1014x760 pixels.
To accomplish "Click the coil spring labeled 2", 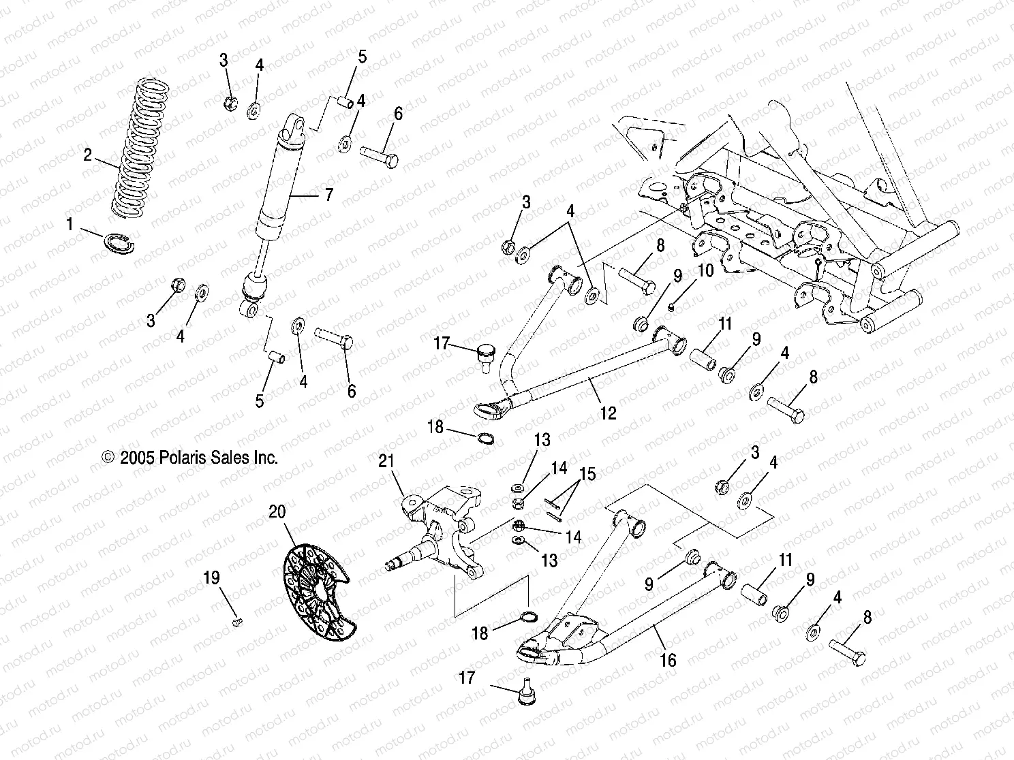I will pos(140,150).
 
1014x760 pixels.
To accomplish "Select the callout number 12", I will pos(608,412).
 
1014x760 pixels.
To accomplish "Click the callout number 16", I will pos(668,659).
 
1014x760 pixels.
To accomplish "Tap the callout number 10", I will pos(705,270).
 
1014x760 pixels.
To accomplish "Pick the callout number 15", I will pos(587,473).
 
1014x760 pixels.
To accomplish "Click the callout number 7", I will pos(328,195).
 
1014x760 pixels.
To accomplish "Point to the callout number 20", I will pos(277,511).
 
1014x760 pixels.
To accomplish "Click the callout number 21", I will pos(386,462).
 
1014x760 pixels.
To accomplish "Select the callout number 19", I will pos(212,577).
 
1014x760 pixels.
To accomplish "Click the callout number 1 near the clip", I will pos(69,222).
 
